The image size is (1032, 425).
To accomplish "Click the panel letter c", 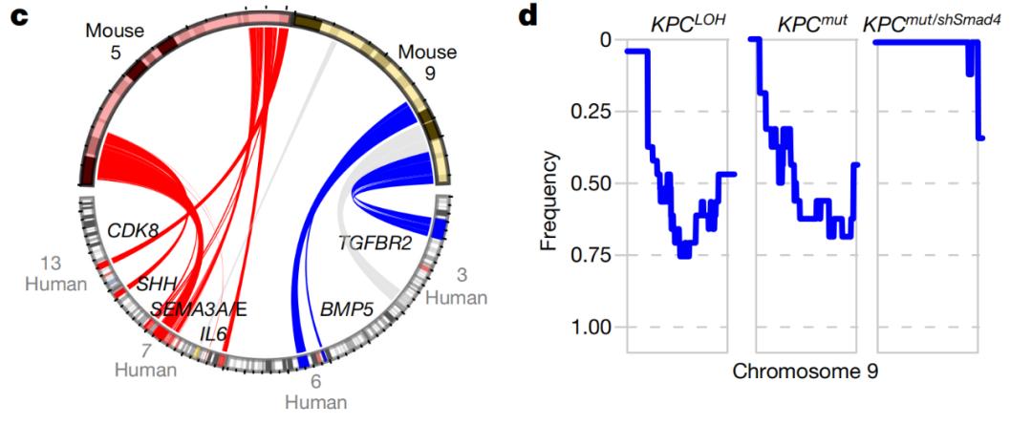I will [16, 16].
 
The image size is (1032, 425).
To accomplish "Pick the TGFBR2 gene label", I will [375, 243].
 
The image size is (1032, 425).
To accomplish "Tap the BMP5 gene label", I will [348, 309].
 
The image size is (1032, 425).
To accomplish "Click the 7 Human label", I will [145, 360].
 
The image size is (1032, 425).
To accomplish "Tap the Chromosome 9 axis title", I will [805, 371].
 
